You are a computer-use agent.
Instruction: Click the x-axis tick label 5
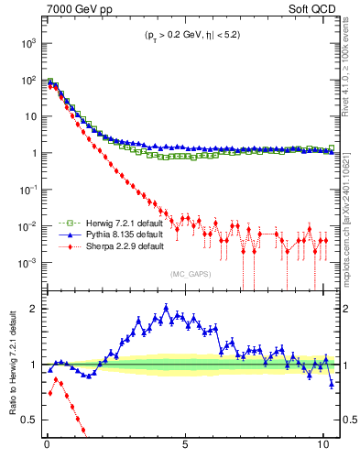point(186,453)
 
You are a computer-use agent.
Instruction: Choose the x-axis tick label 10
point(322,453)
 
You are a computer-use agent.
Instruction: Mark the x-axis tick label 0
point(48,453)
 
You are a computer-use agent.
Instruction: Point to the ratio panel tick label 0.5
point(27,420)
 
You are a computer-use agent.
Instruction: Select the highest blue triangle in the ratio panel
point(167,308)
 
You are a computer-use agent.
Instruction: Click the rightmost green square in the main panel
point(332,147)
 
